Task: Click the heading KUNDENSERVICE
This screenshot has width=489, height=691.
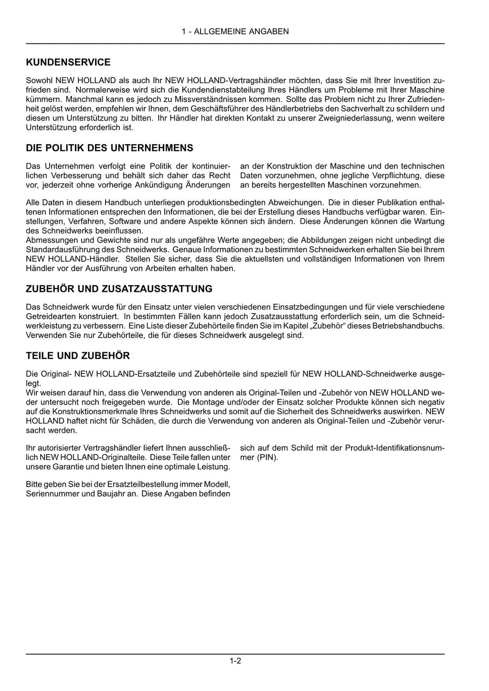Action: coord(68,63)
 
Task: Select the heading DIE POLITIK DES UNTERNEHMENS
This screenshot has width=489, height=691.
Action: coord(109,148)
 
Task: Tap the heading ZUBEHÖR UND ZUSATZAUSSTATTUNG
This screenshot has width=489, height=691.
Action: coord(119,289)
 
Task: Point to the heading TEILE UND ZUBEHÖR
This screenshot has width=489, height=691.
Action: coord(77,356)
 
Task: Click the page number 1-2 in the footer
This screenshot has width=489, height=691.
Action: coord(235,661)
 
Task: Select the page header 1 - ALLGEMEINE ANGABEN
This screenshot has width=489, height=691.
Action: coord(235,32)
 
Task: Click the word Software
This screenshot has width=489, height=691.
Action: coord(127,222)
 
